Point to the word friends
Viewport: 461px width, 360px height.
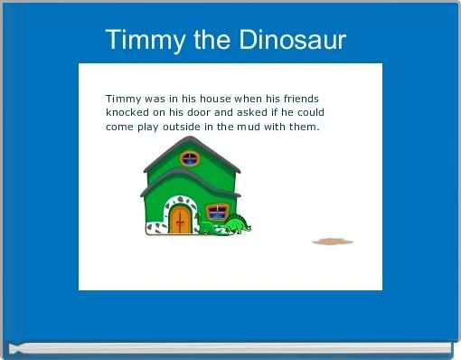pos(297,99)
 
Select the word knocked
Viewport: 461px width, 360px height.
pos(129,113)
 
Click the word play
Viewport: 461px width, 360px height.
pos(150,127)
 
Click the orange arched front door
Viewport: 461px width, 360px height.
pos(181,220)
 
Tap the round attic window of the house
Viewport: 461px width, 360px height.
pos(190,159)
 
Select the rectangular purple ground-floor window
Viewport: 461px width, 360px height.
pos(217,213)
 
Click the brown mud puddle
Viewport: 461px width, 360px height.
pos(332,242)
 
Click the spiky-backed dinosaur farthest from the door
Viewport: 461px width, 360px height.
pos(238,223)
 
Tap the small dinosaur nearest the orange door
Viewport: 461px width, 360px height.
pos(207,228)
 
